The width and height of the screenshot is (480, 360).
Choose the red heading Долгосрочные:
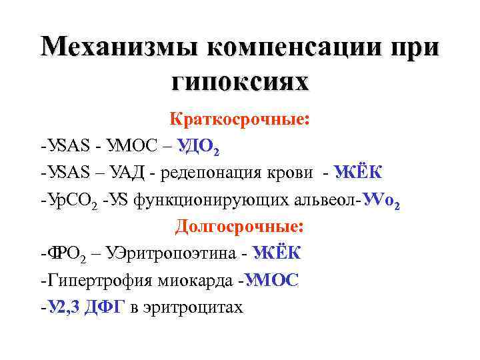[239, 227]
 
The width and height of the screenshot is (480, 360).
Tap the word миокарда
[197, 281]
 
